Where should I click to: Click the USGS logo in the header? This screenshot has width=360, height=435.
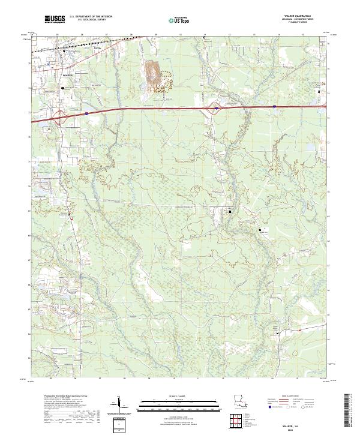[x=55, y=19]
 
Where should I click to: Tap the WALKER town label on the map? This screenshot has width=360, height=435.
[x=67, y=75]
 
